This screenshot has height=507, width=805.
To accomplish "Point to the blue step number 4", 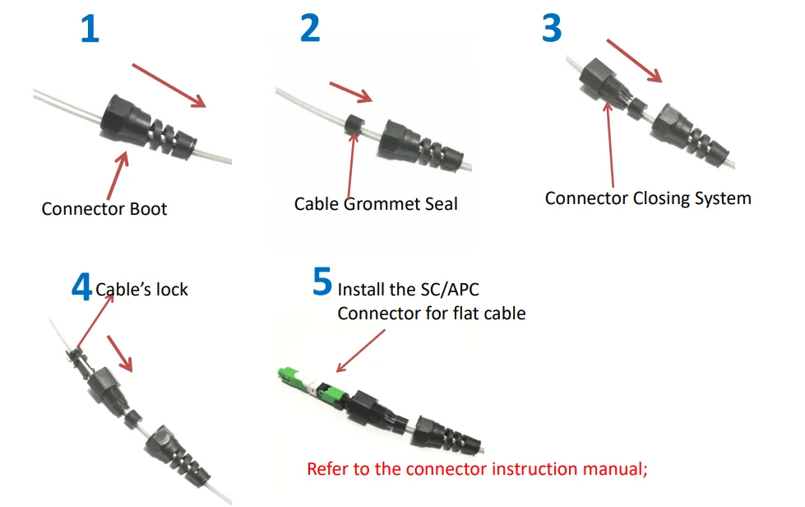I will point(81,288).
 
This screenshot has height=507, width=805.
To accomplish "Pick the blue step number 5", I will point(322,281).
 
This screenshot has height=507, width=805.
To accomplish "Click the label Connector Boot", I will point(104,208).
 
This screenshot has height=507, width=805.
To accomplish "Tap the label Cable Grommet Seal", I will point(376,202).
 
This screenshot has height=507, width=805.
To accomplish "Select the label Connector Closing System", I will point(648,198).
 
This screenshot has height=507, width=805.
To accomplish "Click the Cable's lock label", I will point(141,290).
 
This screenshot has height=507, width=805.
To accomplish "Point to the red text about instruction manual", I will point(478,469).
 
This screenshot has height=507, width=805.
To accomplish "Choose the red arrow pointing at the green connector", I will point(360,351).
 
